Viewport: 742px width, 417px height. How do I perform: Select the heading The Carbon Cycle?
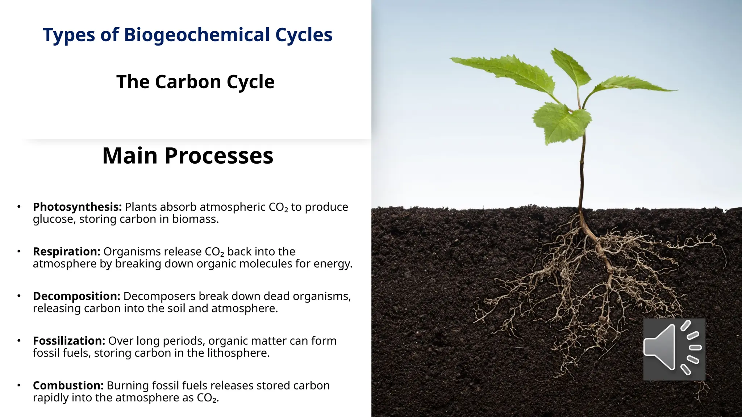click(x=195, y=82)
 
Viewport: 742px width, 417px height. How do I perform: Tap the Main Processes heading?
click(x=188, y=156)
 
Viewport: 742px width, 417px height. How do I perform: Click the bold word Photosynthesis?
click(x=77, y=207)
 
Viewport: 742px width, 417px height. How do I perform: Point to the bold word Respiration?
click(x=66, y=251)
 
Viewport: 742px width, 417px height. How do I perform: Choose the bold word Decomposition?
click(x=76, y=296)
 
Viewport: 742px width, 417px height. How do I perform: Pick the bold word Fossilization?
click(x=69, y=341)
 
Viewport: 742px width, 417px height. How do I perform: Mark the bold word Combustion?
click(x=68, y=385)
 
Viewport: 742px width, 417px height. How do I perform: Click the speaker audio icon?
click(x=674, y=349)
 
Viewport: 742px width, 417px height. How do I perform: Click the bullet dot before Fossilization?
click(x=19, y=340)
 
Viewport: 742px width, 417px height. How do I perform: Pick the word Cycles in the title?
click(x=304, y=35)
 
